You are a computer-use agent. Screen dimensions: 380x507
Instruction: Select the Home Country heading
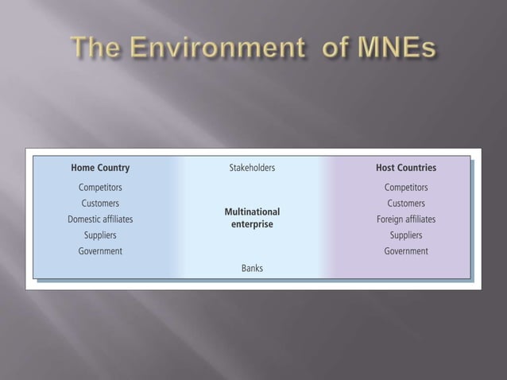[x=100, y=168]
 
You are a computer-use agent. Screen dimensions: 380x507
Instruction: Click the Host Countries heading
[x=406, y=168]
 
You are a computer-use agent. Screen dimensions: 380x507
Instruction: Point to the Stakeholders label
[x=252, y=168]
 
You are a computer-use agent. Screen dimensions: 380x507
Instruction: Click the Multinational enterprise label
[x=252, y=218]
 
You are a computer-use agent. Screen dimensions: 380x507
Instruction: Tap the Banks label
[x=252, y=269]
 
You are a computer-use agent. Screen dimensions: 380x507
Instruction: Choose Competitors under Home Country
[x=100, y=188]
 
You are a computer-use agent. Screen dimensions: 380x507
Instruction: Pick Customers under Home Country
[x=100, y=204]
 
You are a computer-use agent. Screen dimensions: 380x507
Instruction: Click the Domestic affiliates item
[x=100, y=219]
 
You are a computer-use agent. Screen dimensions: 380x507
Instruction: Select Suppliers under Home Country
[x=100, y=235]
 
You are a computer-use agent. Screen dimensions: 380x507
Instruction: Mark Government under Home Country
[x=100, y=251]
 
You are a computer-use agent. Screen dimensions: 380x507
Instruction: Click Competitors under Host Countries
[x=406, y=188]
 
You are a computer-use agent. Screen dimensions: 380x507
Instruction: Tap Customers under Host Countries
[x=406, y=204]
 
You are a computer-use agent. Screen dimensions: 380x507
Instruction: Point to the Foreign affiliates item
[x=406, y=219]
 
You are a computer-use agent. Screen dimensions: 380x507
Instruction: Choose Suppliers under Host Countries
[x=406, y=235]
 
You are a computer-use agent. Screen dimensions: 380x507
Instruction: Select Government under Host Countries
[x=406, y=251]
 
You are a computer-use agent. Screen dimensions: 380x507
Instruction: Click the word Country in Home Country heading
[x=114, y=168]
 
